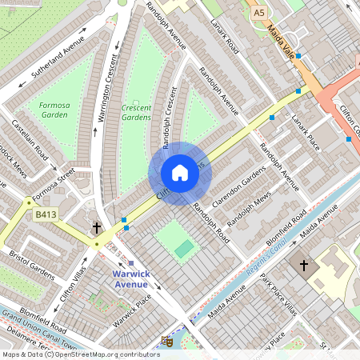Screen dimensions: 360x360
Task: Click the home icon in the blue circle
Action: (180, 172)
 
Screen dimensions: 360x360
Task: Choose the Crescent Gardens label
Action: (135, 112)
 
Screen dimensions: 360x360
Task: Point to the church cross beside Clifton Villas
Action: (97, 228)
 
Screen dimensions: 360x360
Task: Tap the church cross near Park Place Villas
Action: (303, 265)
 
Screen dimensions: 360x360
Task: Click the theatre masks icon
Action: (167, 341)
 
